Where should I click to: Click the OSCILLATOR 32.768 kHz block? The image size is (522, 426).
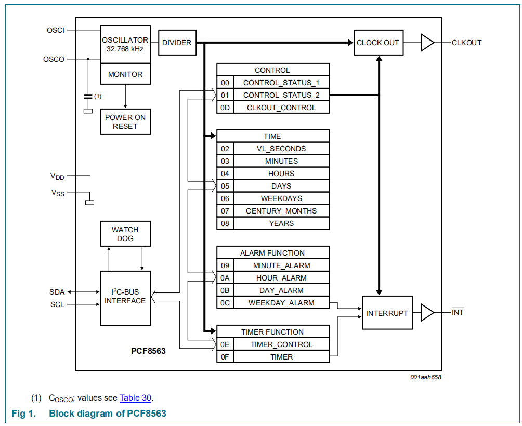[x=125, y=44]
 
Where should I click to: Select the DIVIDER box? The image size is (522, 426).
[x=176, y=43]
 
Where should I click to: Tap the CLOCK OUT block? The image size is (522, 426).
[x=378, y=43]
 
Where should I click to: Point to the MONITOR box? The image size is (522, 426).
[x=125, y=74]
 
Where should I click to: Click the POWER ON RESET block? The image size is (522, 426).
[x=125, y=122]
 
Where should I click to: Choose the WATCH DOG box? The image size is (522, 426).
[x=125, y=234]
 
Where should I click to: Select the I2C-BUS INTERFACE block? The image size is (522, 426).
[x=125, y=298]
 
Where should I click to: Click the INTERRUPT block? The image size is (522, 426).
[x=387, y=313]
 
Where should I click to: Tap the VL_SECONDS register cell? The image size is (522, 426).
[x=281, y=149]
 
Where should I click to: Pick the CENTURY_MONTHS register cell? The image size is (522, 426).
[x=281, y=211]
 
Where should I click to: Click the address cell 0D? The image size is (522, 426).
[x=225, y=108]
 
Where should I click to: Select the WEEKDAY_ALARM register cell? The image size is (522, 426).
[x=281, y=303]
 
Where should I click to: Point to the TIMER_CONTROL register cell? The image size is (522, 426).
[x=281, y=344]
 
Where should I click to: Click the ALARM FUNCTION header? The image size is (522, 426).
[x=272, y=253]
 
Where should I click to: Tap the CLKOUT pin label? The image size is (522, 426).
[x=466, y=43]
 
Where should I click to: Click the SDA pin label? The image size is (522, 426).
[x=57, y=292]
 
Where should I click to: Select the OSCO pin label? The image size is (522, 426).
[x=54, y=59]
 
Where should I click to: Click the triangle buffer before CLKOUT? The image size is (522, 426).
[x=426, y=43]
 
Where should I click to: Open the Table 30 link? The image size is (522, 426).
[x=135, y=398]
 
